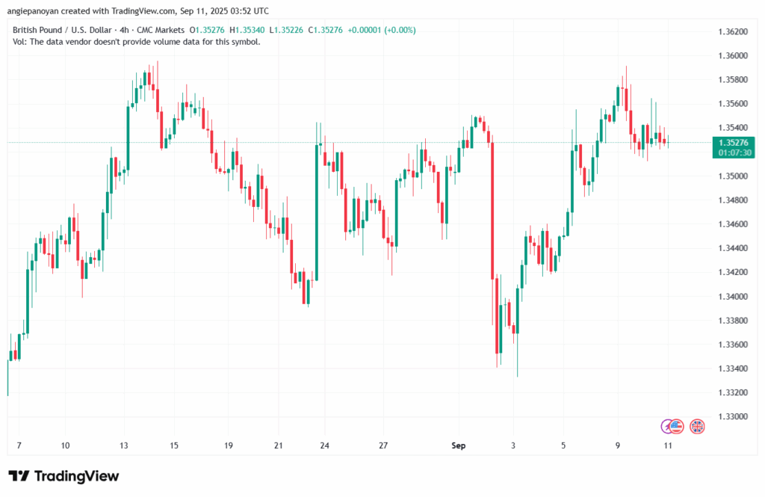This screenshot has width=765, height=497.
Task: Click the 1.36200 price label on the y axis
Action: tap(732, 32)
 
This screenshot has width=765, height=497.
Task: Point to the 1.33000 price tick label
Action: tap(732, 416)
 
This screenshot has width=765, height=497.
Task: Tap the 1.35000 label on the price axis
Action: tap(732, 176)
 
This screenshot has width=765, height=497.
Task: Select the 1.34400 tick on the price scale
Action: tap(732, 248)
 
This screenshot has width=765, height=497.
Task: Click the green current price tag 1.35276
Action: tap(732, 142)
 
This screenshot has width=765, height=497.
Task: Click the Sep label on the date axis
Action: tap(459, 446)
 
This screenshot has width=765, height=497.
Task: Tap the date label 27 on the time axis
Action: tap(384, 446)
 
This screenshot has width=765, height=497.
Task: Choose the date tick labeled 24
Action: tap(325, 446)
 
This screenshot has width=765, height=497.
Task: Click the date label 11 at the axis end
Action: tap(669, 446)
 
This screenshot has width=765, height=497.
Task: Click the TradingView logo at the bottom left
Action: tap(64, 476)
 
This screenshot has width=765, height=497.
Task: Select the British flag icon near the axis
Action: tap(697, 426)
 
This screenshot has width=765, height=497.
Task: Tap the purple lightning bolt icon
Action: tap(667, 426)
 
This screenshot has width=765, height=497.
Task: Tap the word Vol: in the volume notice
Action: tap(21, 42)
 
